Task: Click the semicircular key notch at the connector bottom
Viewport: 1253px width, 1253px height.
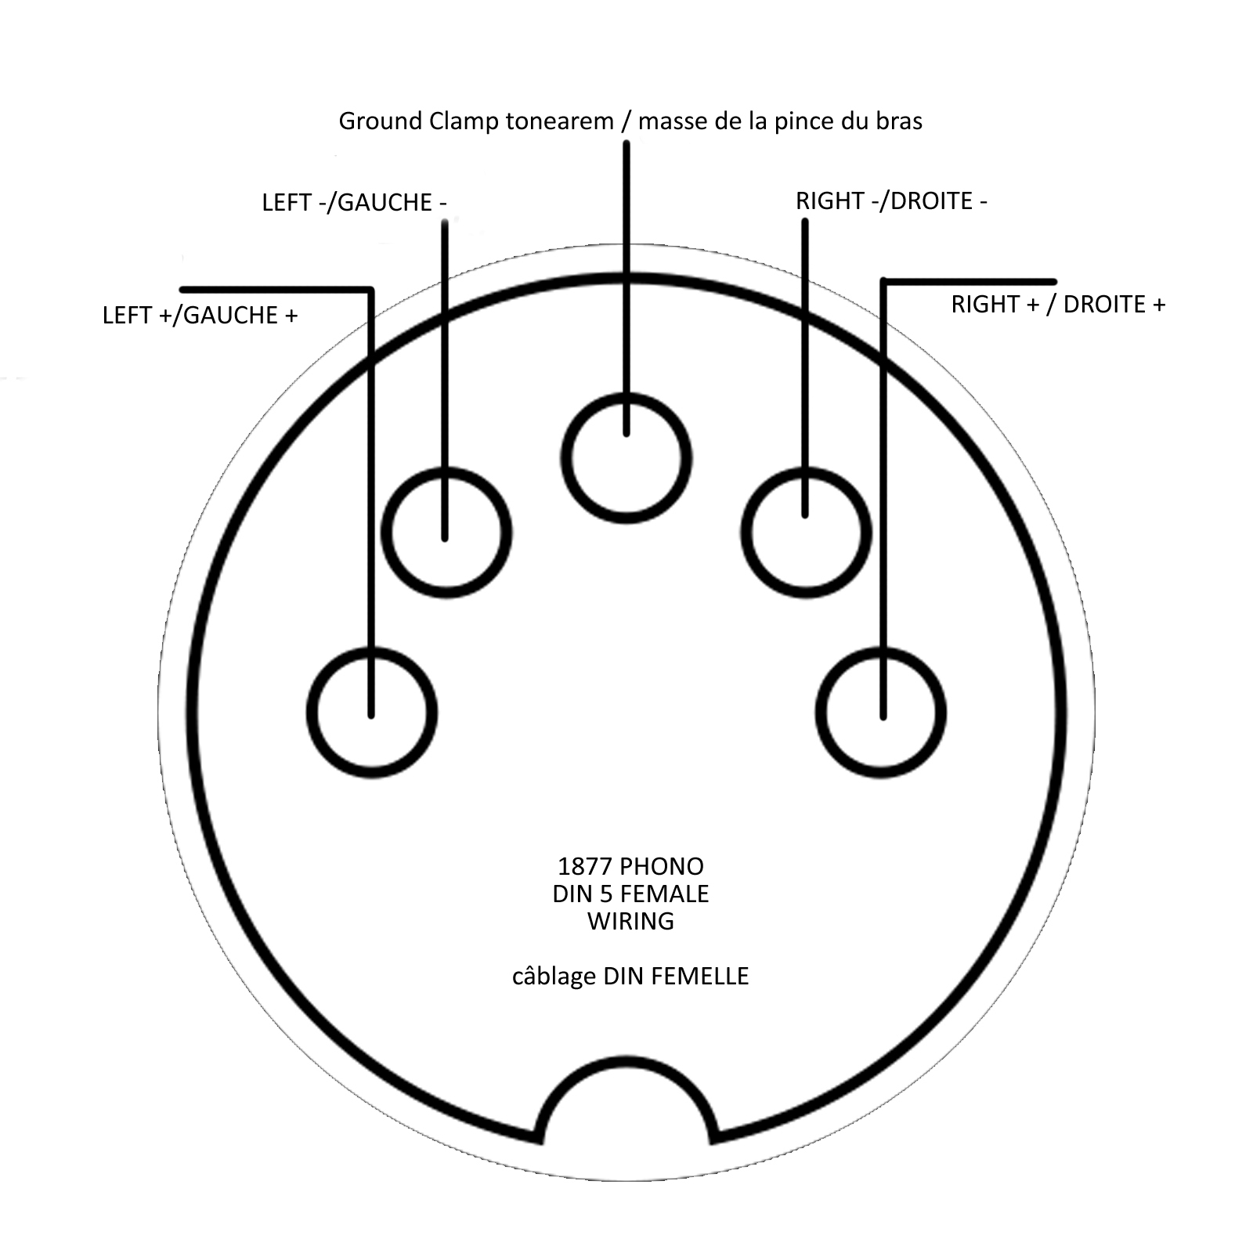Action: click(626, 1063)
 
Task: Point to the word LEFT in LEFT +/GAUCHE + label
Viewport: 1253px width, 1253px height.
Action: click(128, 315)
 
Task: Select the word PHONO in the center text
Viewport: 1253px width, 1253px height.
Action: click(662, 866)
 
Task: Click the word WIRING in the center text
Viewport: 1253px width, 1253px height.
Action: click(630, 921)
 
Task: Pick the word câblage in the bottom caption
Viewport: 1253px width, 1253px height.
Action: click(554, 977)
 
